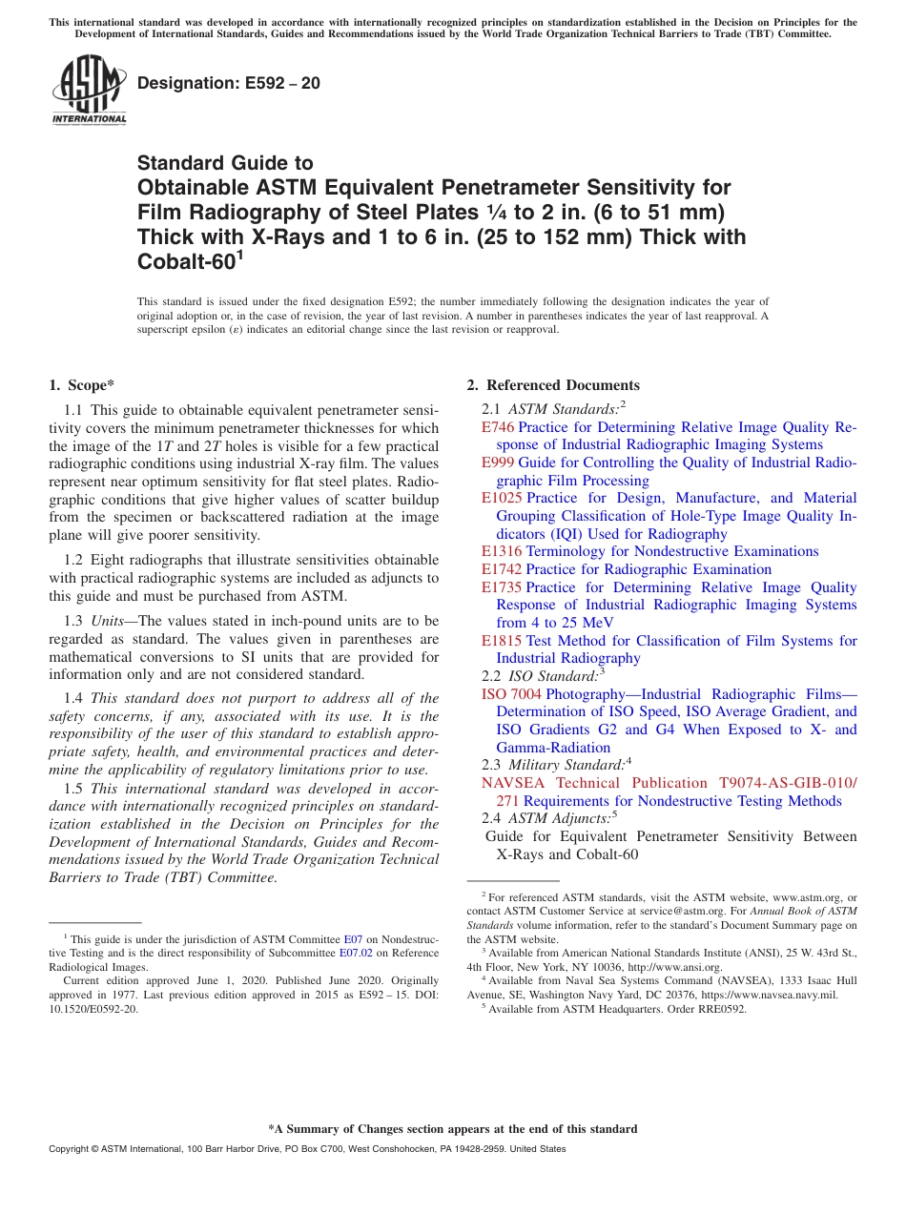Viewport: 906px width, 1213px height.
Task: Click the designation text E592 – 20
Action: tap(229, 84)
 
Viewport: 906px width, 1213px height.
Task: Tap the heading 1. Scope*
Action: tap(81, 385)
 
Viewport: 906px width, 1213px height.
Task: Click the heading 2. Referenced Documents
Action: tap(553, 385)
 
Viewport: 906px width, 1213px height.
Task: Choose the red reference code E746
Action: tap(498, 427)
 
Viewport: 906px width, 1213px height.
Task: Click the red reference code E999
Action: tap(498, 463)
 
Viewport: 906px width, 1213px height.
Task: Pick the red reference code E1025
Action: tap(502, 498)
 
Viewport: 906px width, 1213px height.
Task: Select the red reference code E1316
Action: tap(502, 551)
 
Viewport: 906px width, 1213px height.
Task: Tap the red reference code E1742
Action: tap(502, 569)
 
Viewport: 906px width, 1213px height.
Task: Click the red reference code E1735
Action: tap(502, 587)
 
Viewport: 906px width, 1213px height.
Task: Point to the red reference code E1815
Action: tap(502, 641)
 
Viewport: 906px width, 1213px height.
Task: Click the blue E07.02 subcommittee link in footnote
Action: tap(360, 953)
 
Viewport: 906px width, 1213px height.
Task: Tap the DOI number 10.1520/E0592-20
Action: tap(93, 1008)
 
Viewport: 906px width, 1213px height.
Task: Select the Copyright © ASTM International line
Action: tap(307, 1149)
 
